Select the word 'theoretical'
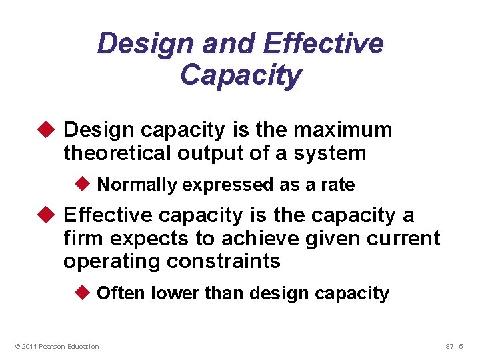117,153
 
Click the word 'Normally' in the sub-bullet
137,185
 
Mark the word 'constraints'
224,261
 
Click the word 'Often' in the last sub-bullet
122,293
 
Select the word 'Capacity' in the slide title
240,75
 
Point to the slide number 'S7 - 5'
458,346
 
